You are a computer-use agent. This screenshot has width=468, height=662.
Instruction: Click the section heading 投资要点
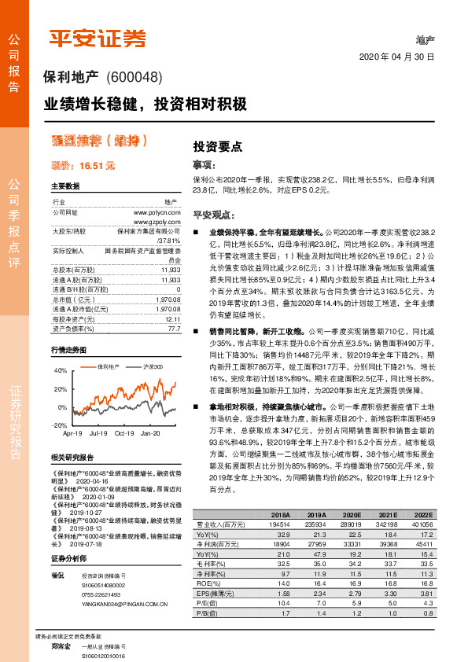tap(217, 146)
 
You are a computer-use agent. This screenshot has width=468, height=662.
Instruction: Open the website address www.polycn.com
tap(157, 212)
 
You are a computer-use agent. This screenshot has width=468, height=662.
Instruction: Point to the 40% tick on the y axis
tap(61, 370)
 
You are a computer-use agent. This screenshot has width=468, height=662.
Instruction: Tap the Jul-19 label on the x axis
tap(99, 432)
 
